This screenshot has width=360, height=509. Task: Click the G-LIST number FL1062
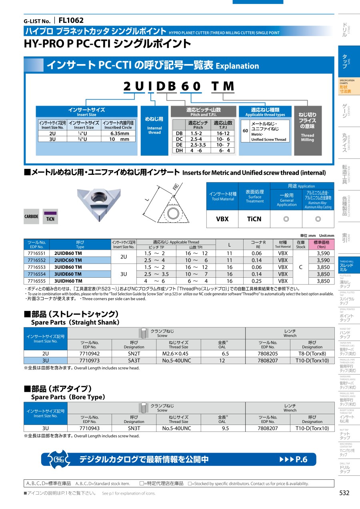(x=71, y=20)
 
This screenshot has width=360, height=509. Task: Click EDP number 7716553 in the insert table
(x=37, y=267)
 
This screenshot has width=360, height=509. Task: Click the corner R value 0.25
(x=257, y=281)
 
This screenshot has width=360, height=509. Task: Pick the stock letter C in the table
(x=301, y=267)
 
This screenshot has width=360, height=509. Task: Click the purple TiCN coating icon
(x=50, y=216)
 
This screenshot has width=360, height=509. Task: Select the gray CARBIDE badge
(x=32, y=217)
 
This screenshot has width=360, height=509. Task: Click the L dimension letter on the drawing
(x=147, y=199)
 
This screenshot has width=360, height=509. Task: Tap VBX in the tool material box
(x=222, y=219)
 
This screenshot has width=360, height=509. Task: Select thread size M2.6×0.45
(x=178, y=353)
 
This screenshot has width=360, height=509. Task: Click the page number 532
(x=344, y=493)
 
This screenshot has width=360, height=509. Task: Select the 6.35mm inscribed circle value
(x=120, y=134)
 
